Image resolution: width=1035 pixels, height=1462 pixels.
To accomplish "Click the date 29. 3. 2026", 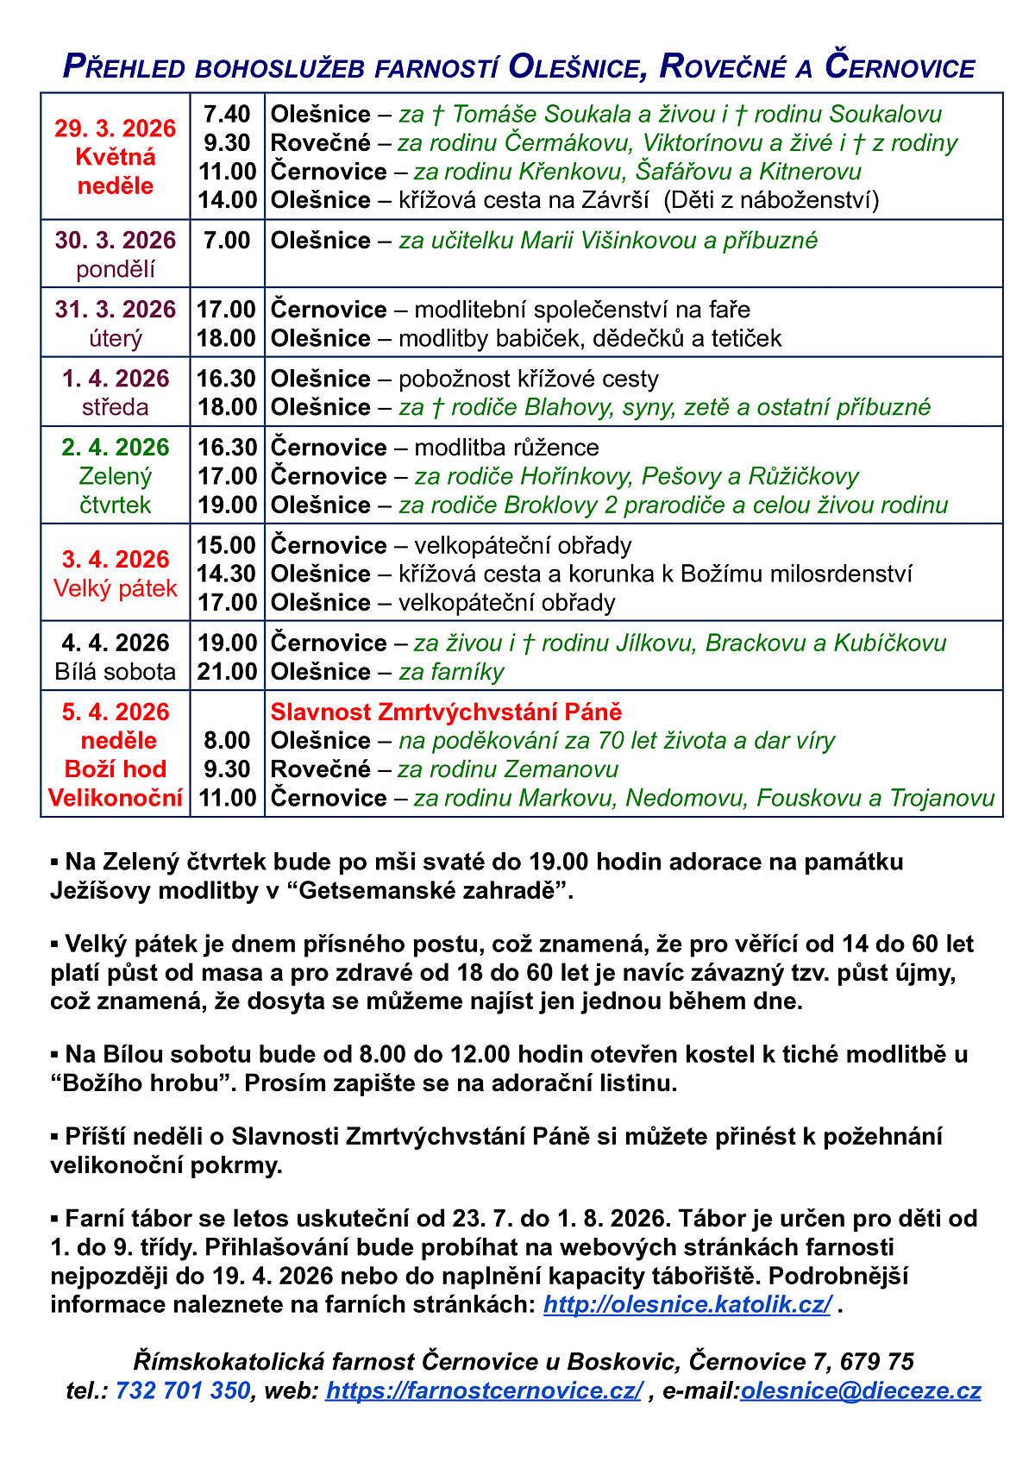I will (x=116, y=129).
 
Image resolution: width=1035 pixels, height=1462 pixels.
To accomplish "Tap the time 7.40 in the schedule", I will (x=227, y=114).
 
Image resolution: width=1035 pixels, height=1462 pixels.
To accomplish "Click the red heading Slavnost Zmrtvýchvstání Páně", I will (x=446, y=712).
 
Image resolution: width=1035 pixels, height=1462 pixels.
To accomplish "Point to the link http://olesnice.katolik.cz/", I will (x=687, y=1304).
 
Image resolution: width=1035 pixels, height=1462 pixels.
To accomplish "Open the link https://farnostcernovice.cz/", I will (x=484, y=1390).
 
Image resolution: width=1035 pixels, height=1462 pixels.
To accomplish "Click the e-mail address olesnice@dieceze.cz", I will (x=861, y=1390).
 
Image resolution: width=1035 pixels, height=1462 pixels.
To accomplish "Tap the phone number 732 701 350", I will (x=182, y=1390).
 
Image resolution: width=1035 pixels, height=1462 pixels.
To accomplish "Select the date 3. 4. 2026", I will (x=116, y=560).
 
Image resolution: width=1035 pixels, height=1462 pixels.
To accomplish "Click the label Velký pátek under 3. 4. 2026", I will (x=116, y=588).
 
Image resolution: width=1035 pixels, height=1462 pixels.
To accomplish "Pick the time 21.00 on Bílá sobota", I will (x=227, y=672).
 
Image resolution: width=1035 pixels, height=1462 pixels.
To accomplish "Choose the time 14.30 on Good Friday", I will (x=227, y=574).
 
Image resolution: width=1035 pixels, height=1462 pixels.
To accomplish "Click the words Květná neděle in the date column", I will (x=116, y=171).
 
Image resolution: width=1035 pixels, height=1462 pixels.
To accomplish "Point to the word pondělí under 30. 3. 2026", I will (x=116, y=269).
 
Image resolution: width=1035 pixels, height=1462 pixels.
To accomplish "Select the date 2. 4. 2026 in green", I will (x=116, y=448).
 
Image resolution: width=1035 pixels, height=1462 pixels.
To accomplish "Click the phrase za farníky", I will (x=451, y=672).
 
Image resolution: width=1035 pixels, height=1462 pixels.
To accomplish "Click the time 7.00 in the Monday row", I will (x=227, y=241).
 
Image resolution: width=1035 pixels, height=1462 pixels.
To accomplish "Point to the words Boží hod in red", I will (x=116, y=769).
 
